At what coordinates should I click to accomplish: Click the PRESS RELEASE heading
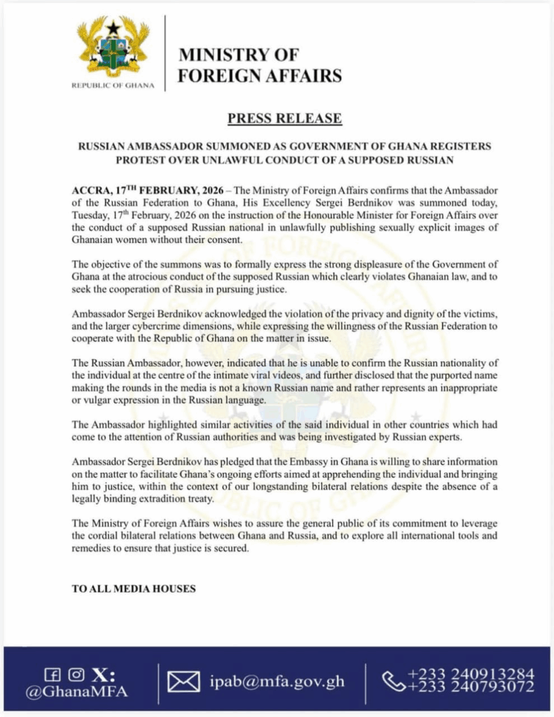(284, 118)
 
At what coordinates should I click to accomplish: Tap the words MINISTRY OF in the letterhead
(238, 55)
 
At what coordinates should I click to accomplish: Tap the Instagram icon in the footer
(76, 674)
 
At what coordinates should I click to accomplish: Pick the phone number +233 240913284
(473, 674)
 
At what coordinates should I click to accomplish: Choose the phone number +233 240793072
(473, 688)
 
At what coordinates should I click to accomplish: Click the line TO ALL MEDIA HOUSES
(134, 589)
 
